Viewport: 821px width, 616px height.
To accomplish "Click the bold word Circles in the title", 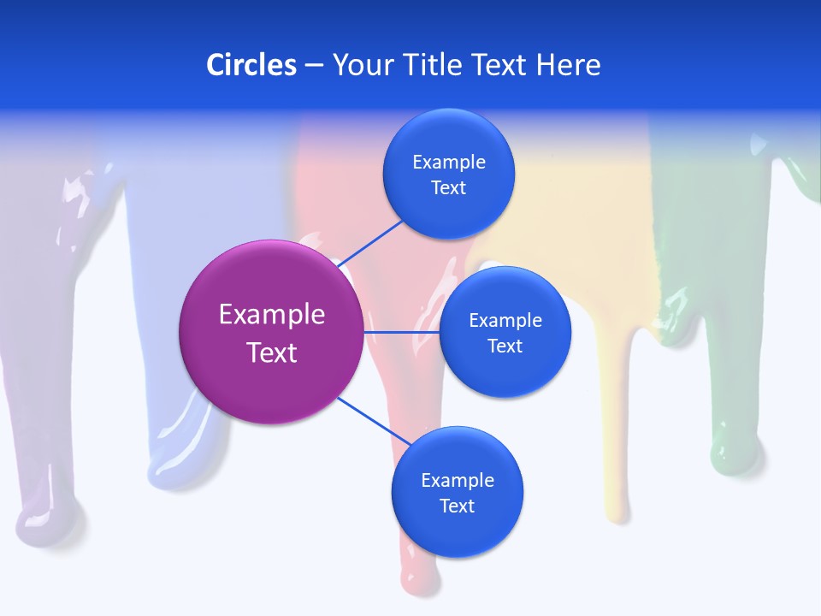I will [x=251, y=65].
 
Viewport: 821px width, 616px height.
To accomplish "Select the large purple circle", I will [x=271, y=332].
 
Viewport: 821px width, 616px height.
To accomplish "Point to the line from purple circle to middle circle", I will [x=402, y=332].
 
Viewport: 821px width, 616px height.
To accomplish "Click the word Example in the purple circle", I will [x=271, y=314].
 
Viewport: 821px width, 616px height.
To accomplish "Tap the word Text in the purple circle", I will [x=271, y=352].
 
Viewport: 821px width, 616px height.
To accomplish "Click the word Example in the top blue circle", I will [x=448, y=162].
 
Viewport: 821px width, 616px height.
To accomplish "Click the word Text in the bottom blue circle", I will [x=457, y=506].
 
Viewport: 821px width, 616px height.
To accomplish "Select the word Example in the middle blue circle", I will [x=505, y=320].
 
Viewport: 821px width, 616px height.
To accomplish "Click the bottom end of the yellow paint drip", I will [x=617, y=510].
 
